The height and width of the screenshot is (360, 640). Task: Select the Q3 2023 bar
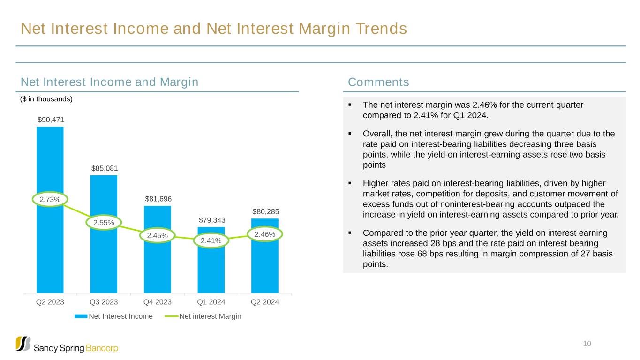point(104,262)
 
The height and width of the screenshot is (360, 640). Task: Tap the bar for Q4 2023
point(158,267)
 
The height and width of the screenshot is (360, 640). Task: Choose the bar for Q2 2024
point(265,267)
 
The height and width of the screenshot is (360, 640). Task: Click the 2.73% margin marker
point(50,200)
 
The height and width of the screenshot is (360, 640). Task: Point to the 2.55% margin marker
point(104,223)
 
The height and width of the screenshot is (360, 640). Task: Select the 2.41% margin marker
point(211,241)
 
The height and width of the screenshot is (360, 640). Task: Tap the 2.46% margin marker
point(265,233)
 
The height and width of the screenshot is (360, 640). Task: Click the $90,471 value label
point(51,120)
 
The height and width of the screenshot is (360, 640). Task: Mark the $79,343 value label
point(211,220)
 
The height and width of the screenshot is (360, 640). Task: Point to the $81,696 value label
point(158,199)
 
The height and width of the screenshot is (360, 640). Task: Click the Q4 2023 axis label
point(158,302)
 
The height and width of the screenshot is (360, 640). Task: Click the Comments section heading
point(378,82)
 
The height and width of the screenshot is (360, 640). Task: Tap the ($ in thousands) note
point(46,99)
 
